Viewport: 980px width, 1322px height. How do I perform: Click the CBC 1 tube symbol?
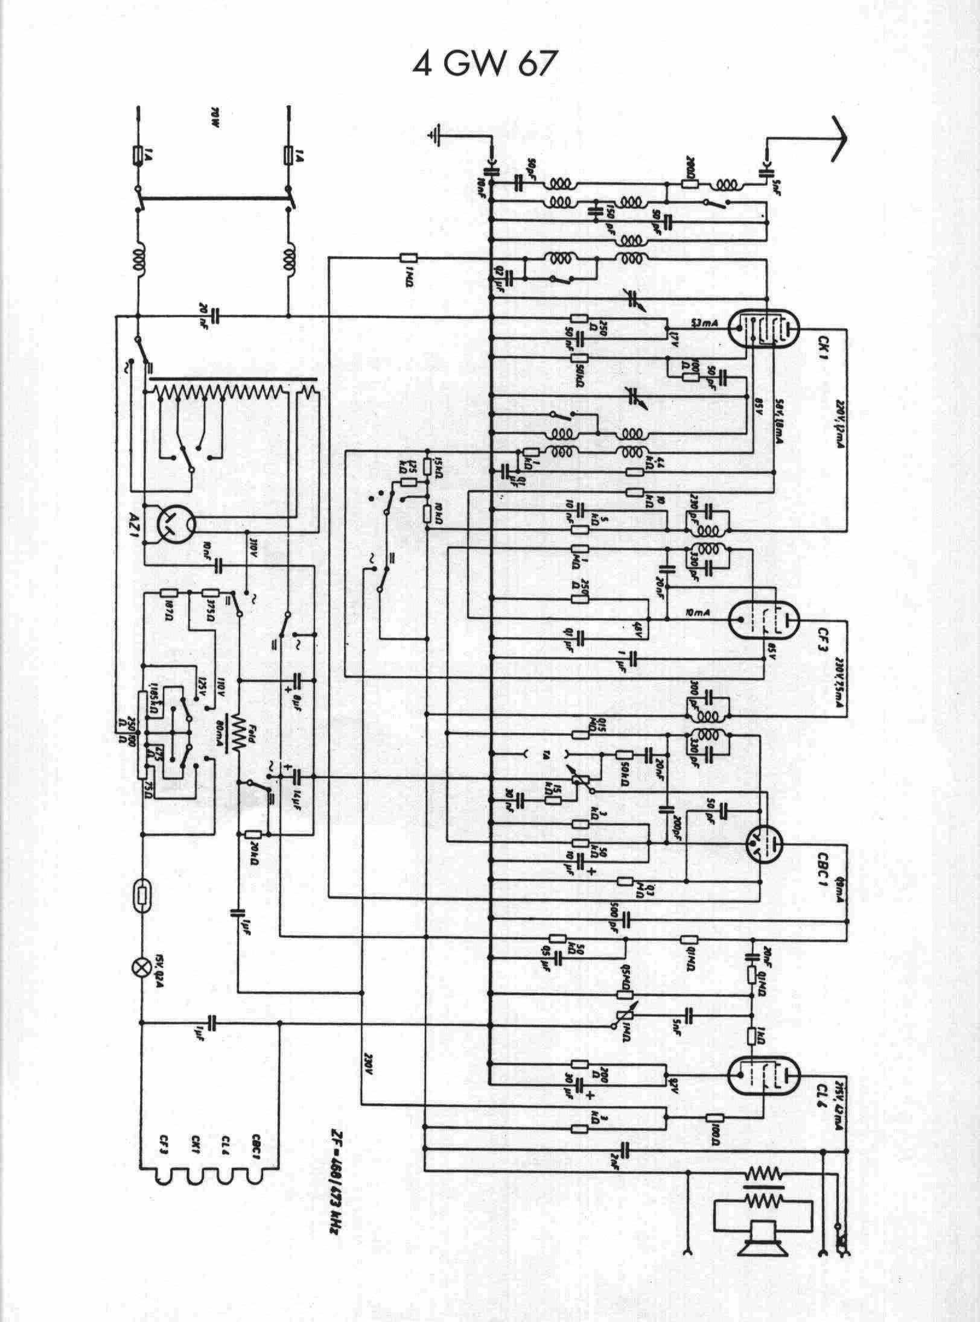click(x=763, y=841)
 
